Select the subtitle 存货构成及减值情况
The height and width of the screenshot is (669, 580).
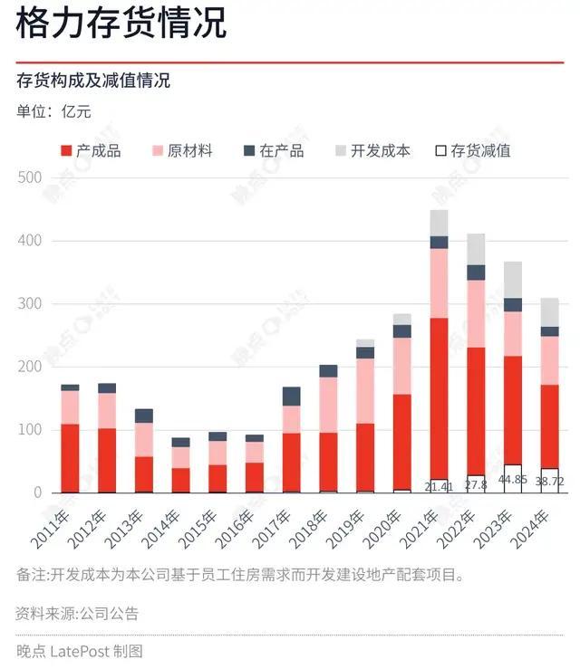(92, 81)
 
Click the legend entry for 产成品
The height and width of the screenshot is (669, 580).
(92, 150)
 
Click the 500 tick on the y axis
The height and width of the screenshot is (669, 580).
(29, 178)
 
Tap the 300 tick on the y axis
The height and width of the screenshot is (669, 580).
(29, 304)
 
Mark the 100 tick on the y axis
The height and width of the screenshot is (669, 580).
(29, 430)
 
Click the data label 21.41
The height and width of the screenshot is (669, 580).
(440, 486)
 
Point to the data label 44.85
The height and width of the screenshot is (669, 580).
(513, 480)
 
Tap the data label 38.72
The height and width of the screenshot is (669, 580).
(550, 483)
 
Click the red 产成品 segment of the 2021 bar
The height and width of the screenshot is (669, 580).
(440, 398)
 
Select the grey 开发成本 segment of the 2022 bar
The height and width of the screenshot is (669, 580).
(476, 249)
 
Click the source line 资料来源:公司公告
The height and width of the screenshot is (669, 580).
(77, 614)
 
